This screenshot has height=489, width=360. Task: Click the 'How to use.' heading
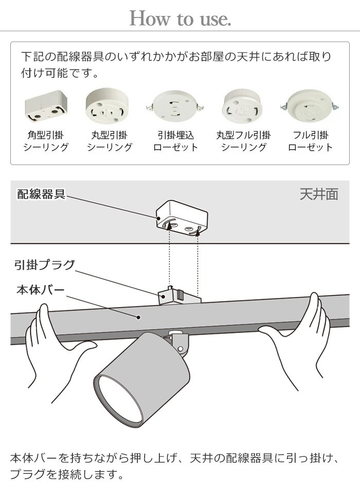pos(180,19)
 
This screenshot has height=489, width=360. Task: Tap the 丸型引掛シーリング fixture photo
pos(109,106)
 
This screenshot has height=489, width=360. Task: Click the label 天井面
pos(319,194)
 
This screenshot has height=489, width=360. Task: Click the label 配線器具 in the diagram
pos(41,194)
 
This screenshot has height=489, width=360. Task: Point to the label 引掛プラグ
pos(44,266)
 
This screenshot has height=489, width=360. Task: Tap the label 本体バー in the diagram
pos(41,289)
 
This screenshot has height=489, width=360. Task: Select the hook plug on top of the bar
pos(178,295)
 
